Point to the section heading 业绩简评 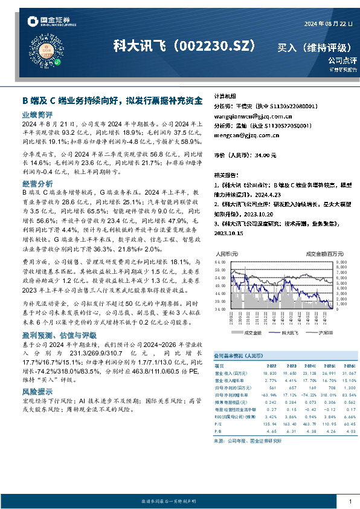tap(37, 114)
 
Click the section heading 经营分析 tap(37, 183)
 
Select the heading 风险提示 tap(37, 392)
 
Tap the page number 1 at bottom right tap(350, 502)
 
